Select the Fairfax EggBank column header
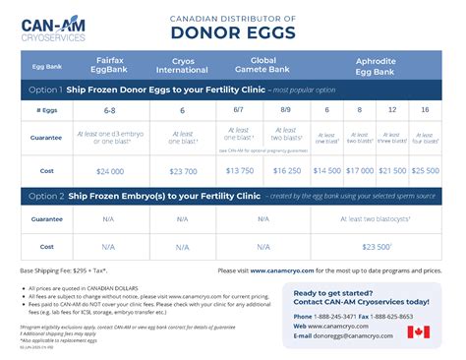click(x=109, y=66)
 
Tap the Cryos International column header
click(x=182, y=66)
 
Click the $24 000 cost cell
click(x=109, y=170)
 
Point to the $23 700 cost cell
click(x=182, y=170)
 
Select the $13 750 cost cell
click(x=239, y=170)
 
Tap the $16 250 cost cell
click(x=286, y=170)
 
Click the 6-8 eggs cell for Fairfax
click(x=109, y=111)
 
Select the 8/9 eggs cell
click(x=286, y=111)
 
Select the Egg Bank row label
click(x=46, y=66)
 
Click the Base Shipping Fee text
click(x=59, y=269)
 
